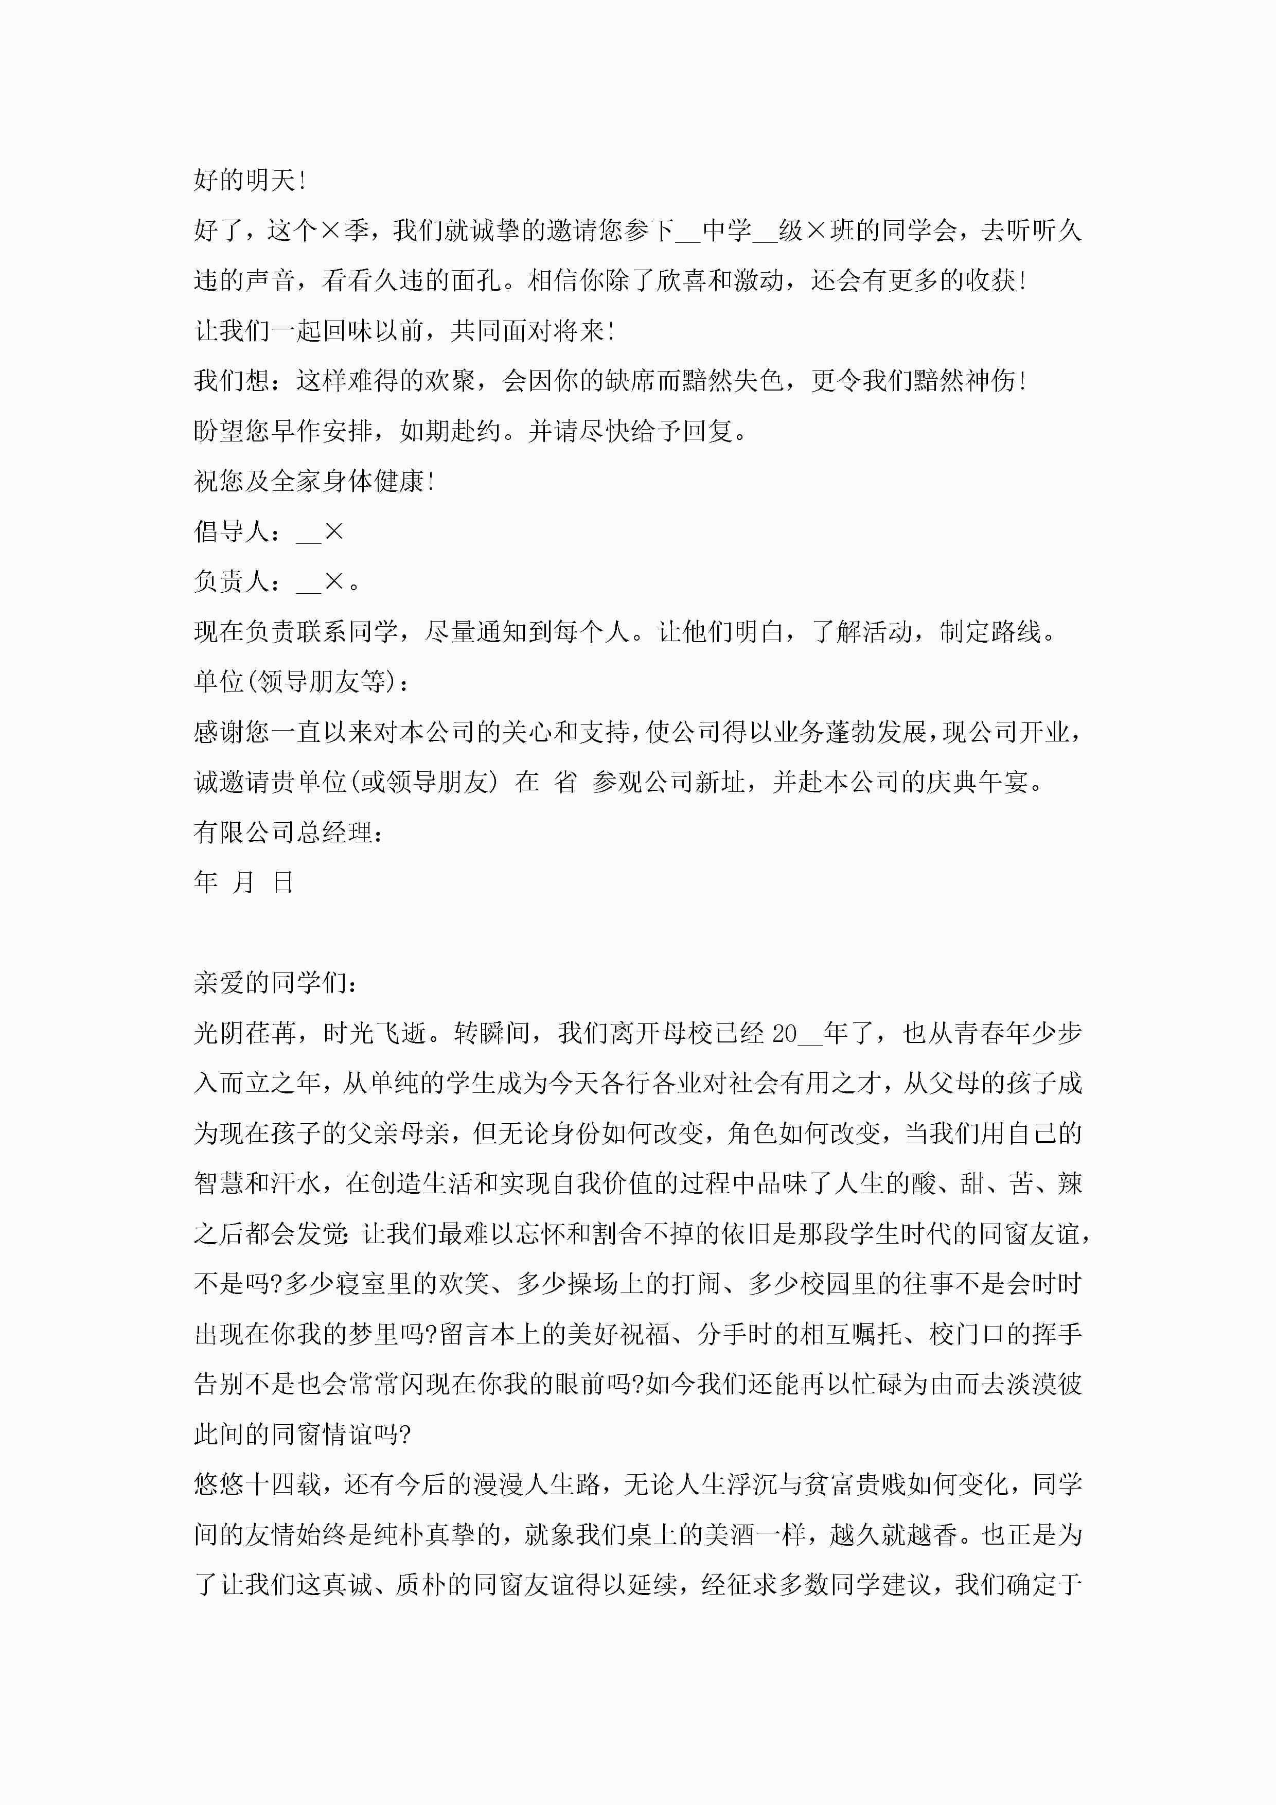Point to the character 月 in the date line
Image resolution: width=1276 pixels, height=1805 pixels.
(244, 883)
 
